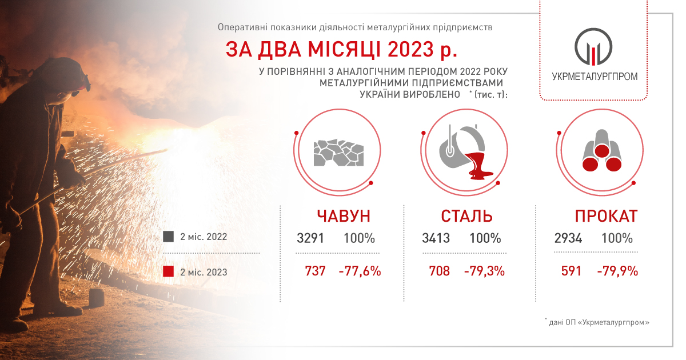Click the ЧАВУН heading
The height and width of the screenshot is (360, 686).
click(344, 216)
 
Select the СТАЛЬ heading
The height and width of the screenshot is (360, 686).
click(466, 216)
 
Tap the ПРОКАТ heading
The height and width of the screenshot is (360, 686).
click(607, 216)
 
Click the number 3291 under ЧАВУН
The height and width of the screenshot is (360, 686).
click(310, 238)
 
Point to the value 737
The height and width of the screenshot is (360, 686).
click(315, 271)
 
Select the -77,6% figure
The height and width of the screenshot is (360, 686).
click(360, 271)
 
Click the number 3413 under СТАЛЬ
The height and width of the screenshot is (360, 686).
click(436, 238)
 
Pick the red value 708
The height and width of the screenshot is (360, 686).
click(440, 271)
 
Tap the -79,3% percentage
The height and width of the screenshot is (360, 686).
click(485, 271)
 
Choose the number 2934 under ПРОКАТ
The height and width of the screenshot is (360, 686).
click(568, 238)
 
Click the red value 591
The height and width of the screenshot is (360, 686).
click(571, 271)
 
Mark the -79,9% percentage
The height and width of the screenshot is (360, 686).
click(617, 271)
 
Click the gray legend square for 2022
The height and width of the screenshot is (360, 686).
click(169, 237)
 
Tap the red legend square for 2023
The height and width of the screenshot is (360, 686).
click(169, 271)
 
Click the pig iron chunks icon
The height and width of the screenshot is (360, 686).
click(338, 153)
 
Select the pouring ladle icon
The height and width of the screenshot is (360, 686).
click(465, 152)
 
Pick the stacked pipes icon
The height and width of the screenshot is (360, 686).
click(602, 151)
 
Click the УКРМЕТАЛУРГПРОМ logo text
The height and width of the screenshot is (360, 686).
click(595, 77)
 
